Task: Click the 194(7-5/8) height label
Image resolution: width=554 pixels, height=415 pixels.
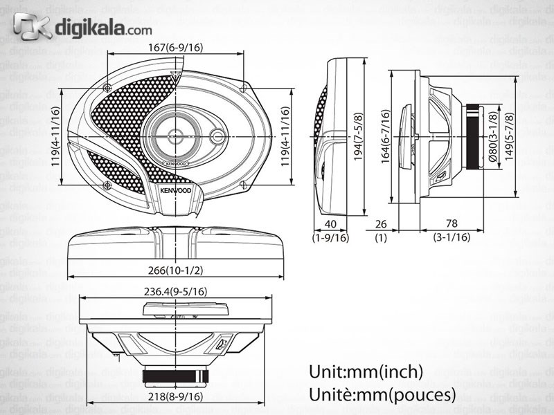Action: point(358,136)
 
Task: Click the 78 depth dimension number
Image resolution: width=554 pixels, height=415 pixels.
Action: point(451,223)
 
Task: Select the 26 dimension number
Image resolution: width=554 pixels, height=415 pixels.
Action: point(380,223)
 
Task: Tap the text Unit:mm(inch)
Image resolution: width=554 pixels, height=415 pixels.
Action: point(366,371)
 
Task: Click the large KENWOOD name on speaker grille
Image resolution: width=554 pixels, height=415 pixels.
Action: point(175,191)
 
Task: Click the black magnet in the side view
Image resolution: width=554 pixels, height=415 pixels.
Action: point(472,136)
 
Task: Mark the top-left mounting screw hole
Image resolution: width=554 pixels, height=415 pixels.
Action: point(107,87)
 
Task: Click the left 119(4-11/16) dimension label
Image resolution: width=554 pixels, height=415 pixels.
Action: point(55,136)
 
